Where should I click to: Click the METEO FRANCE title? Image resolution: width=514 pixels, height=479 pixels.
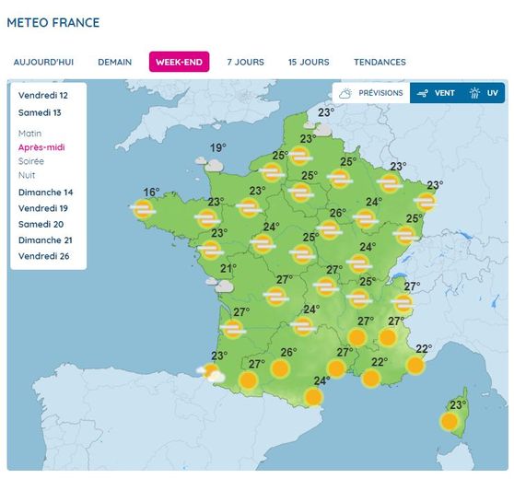point(53,22)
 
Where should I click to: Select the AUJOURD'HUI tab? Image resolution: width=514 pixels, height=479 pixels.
point(43,63)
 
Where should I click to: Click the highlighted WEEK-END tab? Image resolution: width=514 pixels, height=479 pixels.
point(179,63)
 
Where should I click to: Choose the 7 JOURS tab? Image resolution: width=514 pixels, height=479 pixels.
point(245,63)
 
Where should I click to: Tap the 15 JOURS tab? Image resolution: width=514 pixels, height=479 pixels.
point(309,63)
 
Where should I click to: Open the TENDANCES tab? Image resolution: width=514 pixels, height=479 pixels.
point(380,63)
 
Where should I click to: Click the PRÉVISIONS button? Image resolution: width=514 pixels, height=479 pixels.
point(370,93)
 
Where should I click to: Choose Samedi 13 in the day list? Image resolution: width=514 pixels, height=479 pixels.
point(39,113)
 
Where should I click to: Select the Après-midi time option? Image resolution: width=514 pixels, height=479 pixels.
point(41,147)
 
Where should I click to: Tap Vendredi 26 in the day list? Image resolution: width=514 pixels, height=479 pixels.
point(43,255)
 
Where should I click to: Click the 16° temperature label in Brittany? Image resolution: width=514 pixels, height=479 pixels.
point(151,193)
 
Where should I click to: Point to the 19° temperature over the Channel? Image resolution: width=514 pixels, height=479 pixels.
point(217,148)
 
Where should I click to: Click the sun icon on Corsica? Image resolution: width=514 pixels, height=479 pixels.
point(450,421)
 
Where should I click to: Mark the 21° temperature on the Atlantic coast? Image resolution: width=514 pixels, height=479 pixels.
point(228,269)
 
